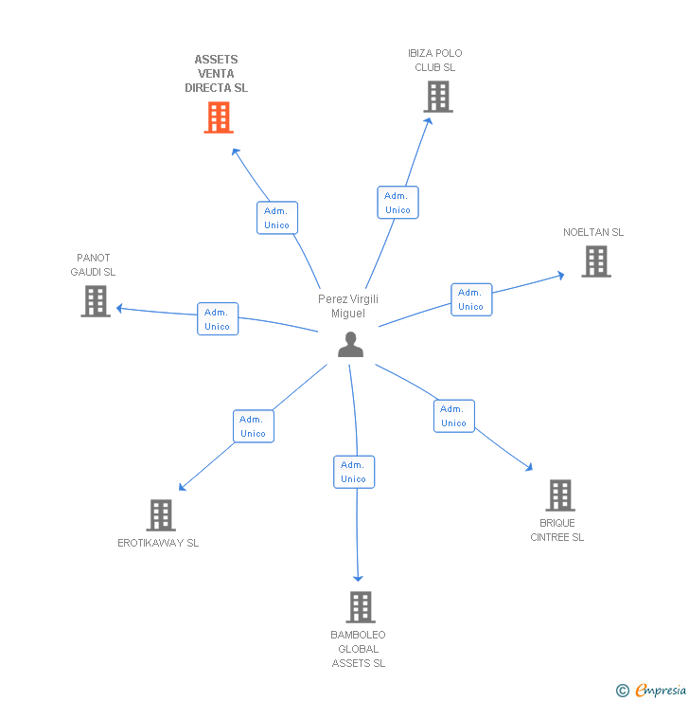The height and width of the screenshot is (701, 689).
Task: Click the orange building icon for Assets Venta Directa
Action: [x=219, y=117]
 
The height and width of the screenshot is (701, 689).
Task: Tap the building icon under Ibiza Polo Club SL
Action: [x=437, y=97]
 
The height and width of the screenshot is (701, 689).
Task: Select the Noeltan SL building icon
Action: [x=595, y=261]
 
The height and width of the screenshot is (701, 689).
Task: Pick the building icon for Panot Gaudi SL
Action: [x=96, y=301]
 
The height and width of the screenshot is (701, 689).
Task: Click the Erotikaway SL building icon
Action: [x=161, y=515]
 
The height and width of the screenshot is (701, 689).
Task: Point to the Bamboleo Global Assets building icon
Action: [x=360, y=607]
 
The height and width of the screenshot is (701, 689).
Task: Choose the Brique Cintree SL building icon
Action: [x=559, y=495]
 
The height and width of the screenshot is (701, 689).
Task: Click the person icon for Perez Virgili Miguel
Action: [x=350, y=345]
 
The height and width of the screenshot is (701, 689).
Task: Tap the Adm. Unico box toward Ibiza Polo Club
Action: [x=397, y=203]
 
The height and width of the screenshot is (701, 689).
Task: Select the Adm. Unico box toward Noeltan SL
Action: [x=470, y=299]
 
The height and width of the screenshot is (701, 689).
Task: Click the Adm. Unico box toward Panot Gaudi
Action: [x=217, y=319]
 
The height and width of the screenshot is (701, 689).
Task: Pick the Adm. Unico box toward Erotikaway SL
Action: [x=253, y=426]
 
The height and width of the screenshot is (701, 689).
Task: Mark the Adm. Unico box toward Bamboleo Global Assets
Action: [x=353, y=472]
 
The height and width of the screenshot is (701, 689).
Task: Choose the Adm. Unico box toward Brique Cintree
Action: [x=453, y=416]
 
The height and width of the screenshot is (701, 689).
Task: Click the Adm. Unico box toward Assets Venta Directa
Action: [x=276, y=218]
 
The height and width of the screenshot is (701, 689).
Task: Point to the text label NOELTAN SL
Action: [x=593, y=232]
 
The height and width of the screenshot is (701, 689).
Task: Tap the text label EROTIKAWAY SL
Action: [x=158, y=543]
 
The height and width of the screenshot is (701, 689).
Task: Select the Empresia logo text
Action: [x=660, y=691]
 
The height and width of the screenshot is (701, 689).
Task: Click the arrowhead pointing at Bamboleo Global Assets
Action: [x=359, y=577]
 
